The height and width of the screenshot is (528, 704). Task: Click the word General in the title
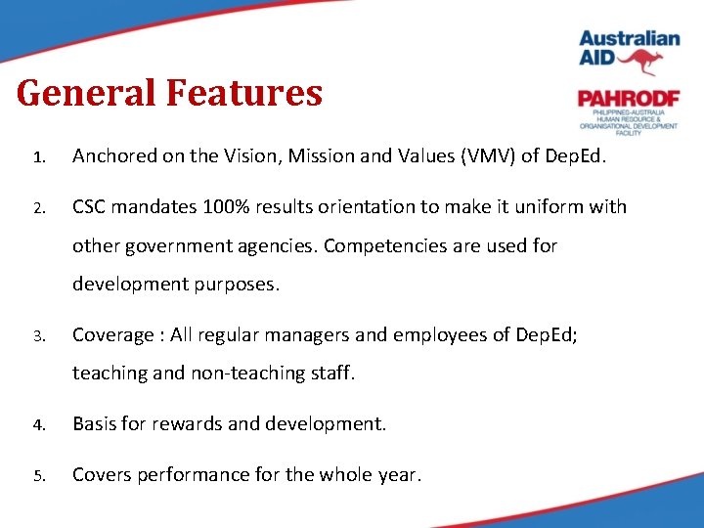(x=86, y=93)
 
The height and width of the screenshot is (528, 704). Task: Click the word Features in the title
(x=244, y=93)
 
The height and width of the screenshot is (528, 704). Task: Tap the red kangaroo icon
(x=640, y=62)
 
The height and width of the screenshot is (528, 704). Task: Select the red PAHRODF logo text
(x=629, y=99)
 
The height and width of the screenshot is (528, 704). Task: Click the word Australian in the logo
(x=630, y=38)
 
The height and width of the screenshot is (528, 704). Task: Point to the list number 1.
(x=39, y=157)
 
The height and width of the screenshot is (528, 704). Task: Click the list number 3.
(x=39, y=336)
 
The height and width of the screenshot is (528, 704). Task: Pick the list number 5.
(x=39, y=476)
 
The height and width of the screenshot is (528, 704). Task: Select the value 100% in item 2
(x=226, y=207)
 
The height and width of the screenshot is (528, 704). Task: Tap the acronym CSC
(x=89, y=207)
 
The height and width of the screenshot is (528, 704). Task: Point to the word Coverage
(x=113, y=335)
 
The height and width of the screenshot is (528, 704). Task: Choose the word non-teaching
(x=248, y=374)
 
